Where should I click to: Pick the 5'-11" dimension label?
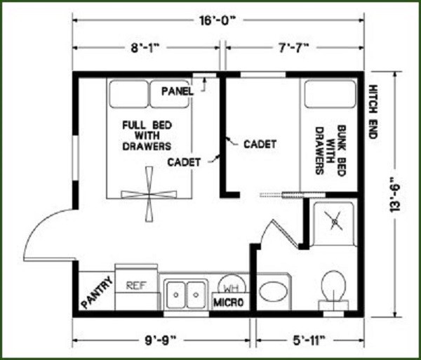pyautogui.click(x=306, y=342)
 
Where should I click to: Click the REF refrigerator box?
pyautogui.click(x=135, y=286)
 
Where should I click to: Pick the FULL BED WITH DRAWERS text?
pyautogui.click(x=147, y=135)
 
